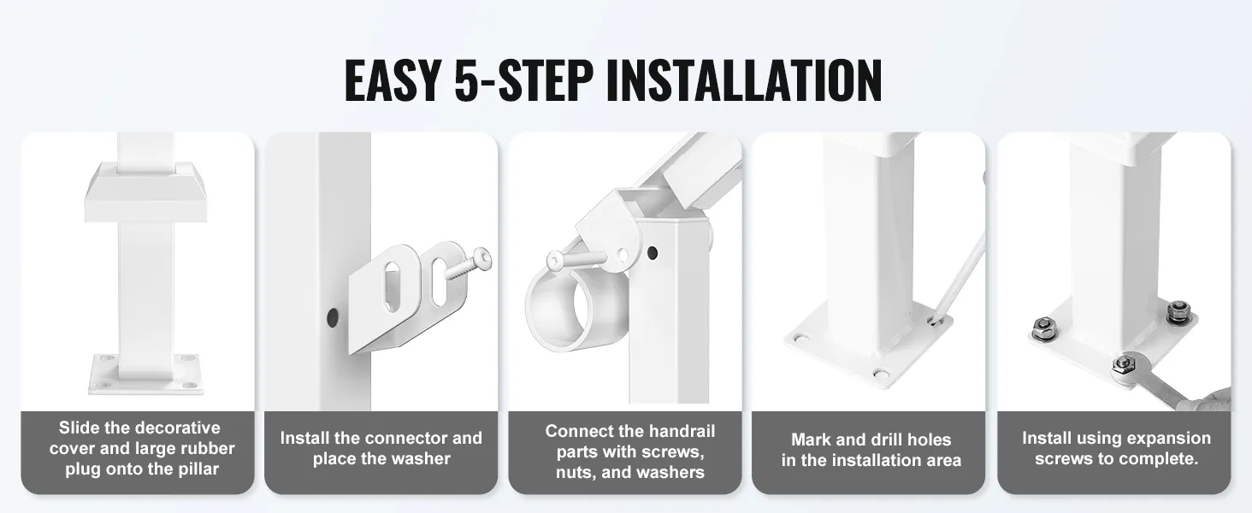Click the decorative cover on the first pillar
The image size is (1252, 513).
click(145, 192)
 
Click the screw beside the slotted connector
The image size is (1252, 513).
click(468, 263)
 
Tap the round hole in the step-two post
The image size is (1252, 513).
click(332, 317)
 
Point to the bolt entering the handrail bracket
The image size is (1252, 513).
click(576, 260)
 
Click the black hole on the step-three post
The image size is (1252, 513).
click(652, 252)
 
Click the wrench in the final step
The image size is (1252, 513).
click(1168, 386)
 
